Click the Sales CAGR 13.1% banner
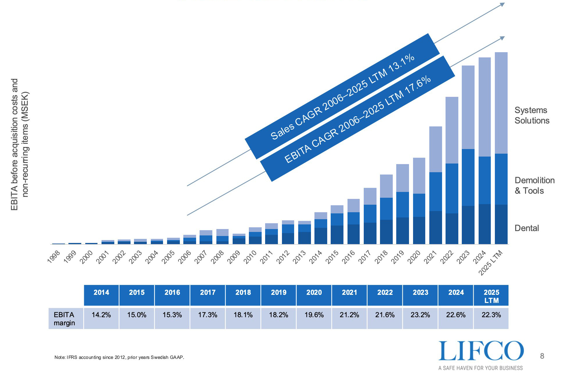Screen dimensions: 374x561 342,96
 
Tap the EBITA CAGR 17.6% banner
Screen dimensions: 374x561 357,119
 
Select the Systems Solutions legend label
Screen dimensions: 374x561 532,115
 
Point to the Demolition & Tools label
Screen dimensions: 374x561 534,186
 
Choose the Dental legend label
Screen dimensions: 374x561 526,228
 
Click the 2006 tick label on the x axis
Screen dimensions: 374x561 185,257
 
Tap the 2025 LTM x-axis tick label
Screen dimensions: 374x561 491,263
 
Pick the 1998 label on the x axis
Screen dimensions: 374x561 54,257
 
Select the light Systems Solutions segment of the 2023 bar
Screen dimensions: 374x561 468,107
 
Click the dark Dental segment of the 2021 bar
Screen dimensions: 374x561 435,228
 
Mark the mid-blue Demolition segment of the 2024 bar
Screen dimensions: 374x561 484,180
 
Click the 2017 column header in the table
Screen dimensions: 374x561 208,293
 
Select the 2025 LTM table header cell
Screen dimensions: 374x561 491,296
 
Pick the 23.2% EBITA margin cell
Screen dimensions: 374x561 420,315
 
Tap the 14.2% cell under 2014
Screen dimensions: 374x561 101,315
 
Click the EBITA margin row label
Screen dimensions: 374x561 64,319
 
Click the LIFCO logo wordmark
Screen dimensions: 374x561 481,351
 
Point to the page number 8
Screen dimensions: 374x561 542,356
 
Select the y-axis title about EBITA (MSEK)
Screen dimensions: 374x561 20,144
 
